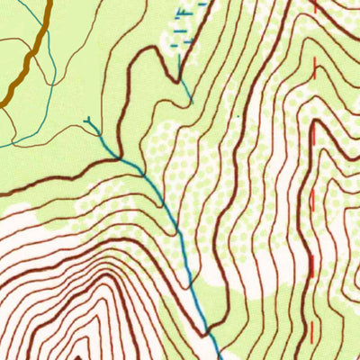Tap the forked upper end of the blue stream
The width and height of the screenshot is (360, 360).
(88, 121)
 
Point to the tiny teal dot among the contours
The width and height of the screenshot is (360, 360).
(238, 115)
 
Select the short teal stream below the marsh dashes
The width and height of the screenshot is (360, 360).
(184, 88)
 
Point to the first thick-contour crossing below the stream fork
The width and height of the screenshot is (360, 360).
(122, 159)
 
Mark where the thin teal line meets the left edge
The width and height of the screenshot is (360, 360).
(2, 144)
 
